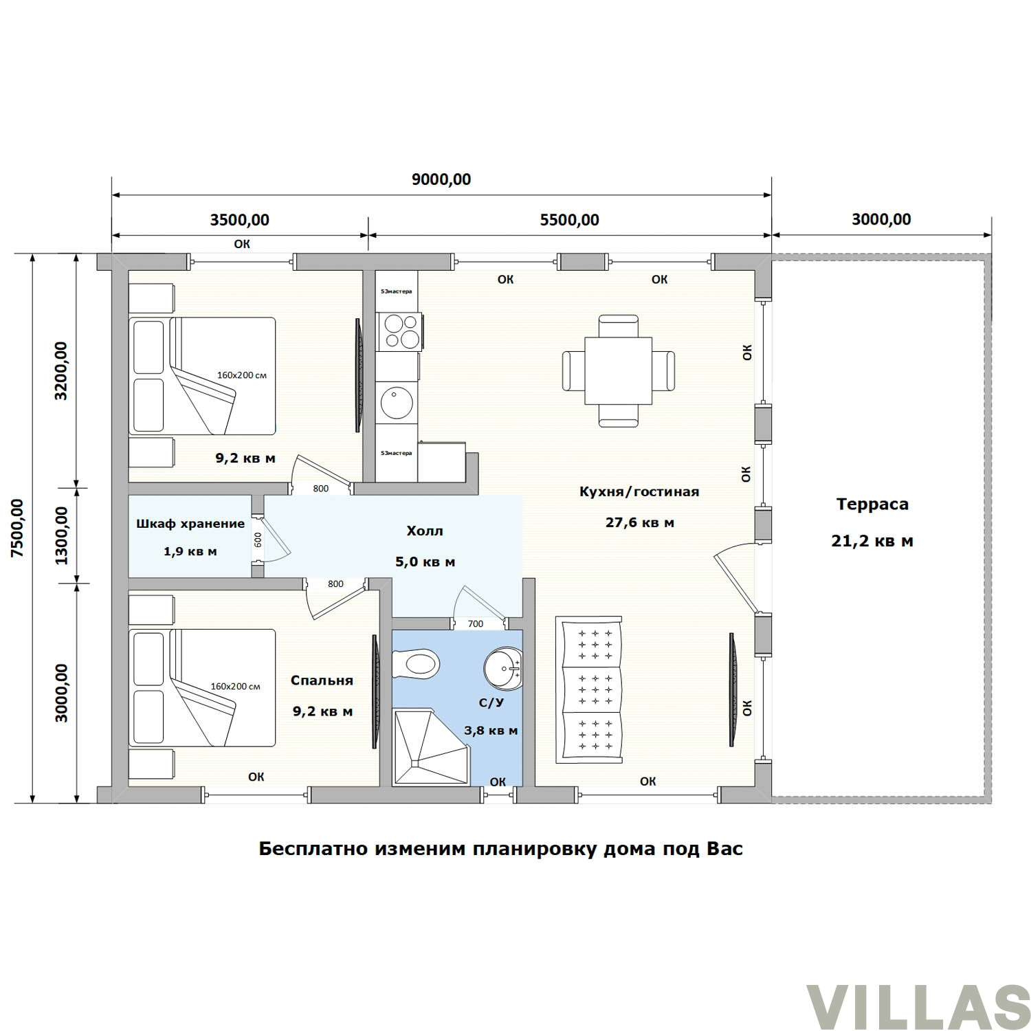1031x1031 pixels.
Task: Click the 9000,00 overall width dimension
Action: [441, 179]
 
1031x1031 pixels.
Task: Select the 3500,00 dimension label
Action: [239, 220]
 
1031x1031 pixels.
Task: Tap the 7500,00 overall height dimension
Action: [16, 529]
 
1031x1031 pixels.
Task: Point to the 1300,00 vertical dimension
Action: [62, 535]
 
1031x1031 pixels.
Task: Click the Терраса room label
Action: [872, 504]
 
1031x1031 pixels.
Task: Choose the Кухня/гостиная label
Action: [639, 491]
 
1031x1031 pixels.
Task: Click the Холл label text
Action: [425, 531]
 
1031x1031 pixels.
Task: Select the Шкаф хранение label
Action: [190, 524]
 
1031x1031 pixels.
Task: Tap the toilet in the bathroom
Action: [415, 664]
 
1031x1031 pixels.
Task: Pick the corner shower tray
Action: [430, 747]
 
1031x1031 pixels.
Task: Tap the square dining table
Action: [618, 370]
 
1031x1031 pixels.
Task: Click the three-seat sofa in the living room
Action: [590, 689]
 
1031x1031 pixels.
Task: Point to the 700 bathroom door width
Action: [476, 624]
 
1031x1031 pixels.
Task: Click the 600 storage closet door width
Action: [258, 540]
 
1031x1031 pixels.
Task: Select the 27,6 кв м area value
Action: [639, 522]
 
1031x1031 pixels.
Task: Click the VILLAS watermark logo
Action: [918, 1008]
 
